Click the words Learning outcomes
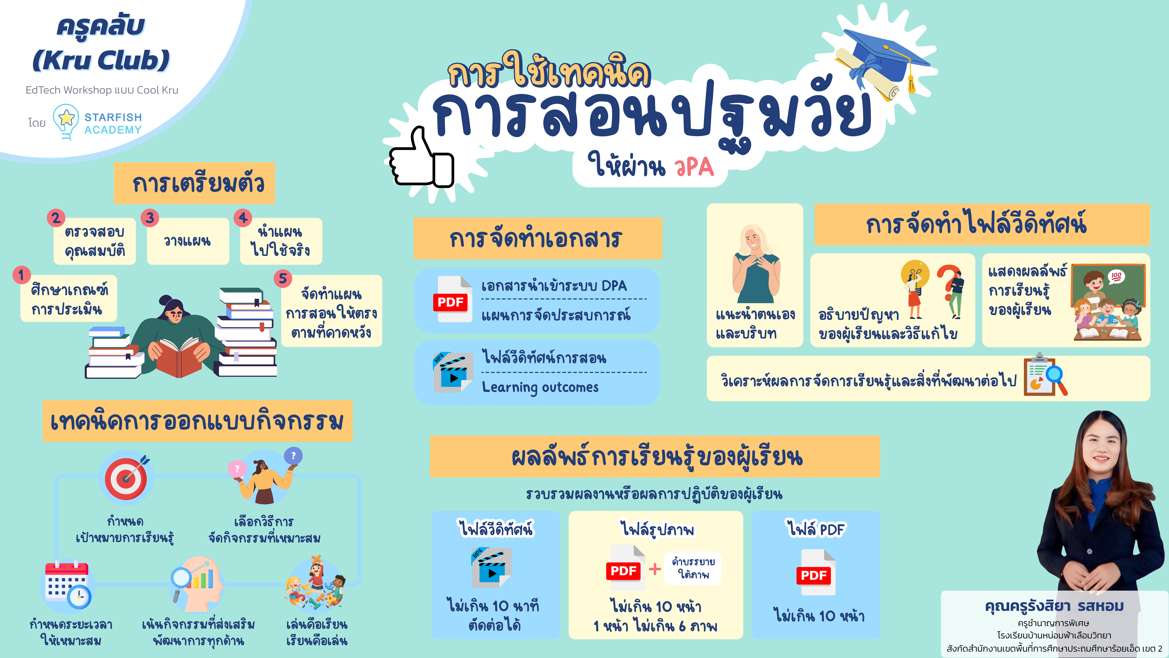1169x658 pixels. click(540, 387)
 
